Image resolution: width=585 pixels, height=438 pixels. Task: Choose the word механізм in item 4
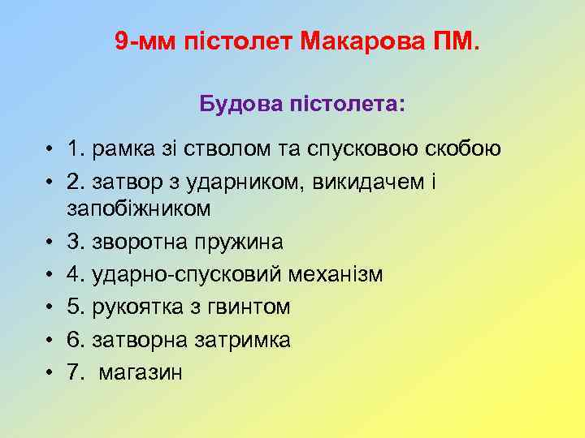(336, 275)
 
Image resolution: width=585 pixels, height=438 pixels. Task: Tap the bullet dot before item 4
(50, 275)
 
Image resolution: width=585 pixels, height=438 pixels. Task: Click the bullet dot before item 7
(50, 372)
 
